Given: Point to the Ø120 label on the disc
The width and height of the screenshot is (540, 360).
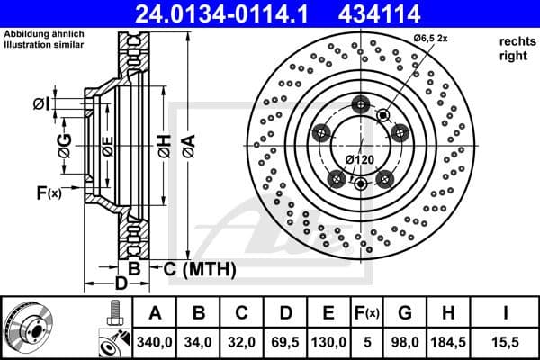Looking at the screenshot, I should [361, 160].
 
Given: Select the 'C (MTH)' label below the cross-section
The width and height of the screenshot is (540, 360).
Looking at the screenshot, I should [199, 268].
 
